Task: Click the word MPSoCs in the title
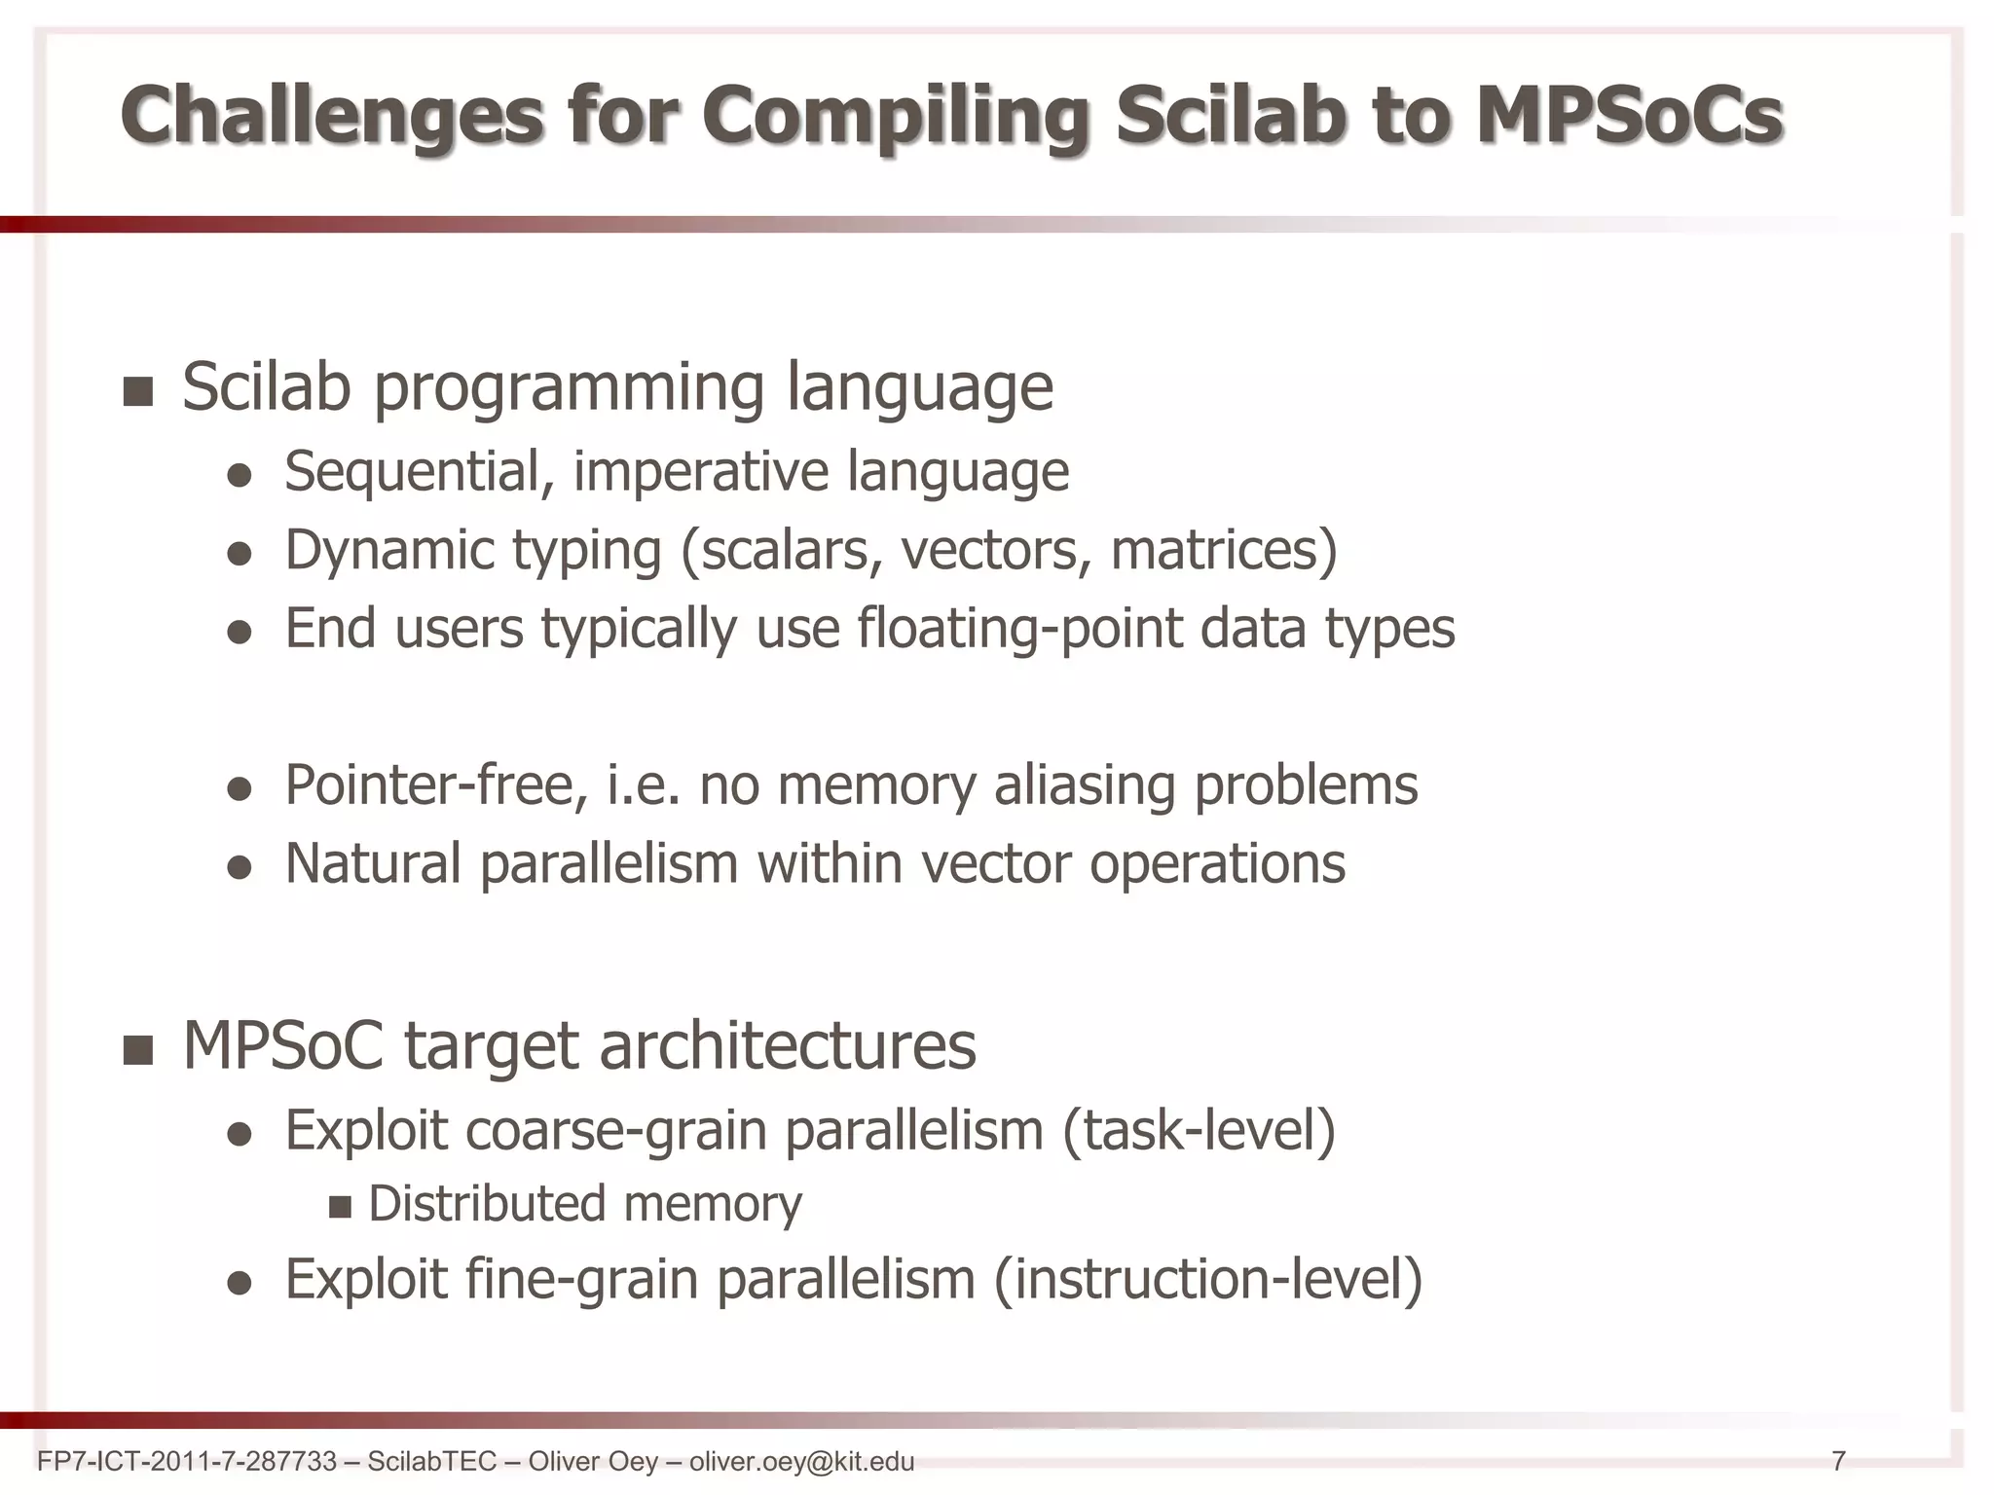1628,116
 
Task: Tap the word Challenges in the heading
331,116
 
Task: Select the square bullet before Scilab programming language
139,391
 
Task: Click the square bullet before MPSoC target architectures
139,1050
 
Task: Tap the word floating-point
1019,629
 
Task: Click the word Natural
373,864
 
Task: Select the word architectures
787,1046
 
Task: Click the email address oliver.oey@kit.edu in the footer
801,1461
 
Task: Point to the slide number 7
1838,1461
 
